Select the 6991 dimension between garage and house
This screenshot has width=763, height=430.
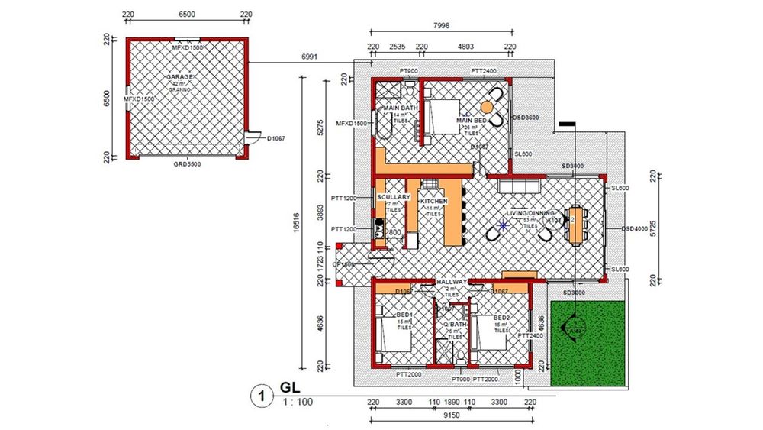click(309, 57)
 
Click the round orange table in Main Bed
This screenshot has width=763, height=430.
click(486, 108)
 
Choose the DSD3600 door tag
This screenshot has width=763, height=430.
click(526, 118)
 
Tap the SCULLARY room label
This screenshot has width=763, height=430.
click(394, 198)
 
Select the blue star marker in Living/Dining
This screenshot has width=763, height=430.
click(503, 225)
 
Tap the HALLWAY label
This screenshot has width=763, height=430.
click(452, 282)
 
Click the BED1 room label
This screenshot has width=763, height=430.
click(404, 315)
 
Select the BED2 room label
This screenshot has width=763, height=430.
click(501, 318)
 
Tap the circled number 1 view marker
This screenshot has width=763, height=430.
click(261, 396)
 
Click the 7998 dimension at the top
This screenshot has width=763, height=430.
click(440, 25)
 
